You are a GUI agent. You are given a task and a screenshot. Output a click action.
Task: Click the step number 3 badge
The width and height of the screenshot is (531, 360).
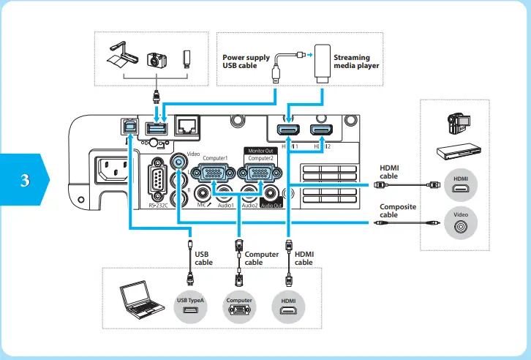click(x=25, y=180)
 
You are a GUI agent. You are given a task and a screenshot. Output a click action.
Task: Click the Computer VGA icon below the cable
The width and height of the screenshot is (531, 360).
click(x=238, y=307)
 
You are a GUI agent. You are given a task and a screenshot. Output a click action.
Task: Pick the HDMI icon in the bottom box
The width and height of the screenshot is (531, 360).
click(x=287, y=307)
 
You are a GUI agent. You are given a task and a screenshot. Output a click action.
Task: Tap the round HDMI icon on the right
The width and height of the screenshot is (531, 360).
click(x=461, y=184)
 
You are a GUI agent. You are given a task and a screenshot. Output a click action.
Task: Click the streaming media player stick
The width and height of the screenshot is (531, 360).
click(x=320, y=67)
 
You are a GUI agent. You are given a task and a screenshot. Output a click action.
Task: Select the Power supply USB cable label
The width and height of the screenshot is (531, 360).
click(x=246, y=61)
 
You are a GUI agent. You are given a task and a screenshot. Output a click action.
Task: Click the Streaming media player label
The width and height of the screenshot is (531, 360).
click(x=356, y=61)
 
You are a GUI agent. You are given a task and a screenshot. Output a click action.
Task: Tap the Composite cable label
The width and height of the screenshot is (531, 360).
click(x=398, y=211)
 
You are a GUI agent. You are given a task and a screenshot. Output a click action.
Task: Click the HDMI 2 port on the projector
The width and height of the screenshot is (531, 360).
click(x=319, y=131)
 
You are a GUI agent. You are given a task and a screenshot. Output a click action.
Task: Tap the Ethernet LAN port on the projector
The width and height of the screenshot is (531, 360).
click(x=188, y=127)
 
